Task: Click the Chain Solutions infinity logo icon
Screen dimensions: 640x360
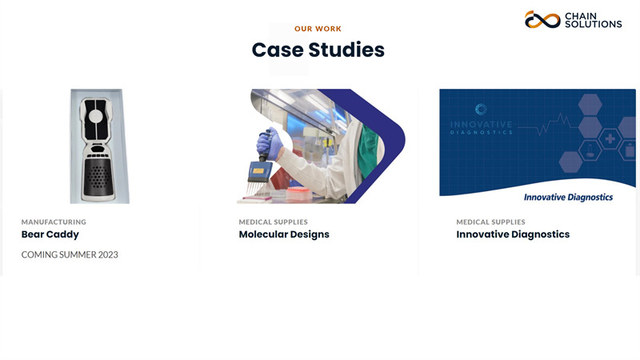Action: [542, 19]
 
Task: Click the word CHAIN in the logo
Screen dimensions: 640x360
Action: [581, 16]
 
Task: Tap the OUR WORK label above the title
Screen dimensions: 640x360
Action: [318, 29]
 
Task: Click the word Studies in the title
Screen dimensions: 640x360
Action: [346, 50]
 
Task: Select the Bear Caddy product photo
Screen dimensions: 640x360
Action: [99, 146]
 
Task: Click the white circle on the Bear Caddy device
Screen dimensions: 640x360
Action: [96, 116]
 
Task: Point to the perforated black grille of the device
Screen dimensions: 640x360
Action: [97, 177]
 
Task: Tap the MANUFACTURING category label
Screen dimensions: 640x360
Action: [54, 222]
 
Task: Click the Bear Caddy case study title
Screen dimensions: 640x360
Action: [50, 234]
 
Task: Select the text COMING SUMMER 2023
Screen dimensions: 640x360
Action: [70, 254]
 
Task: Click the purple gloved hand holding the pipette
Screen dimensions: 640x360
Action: [270, 144]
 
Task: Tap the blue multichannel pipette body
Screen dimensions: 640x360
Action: [260, 171]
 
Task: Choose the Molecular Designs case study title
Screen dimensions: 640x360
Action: [284, 234]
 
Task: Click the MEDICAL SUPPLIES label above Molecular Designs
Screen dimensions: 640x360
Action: [274, 222]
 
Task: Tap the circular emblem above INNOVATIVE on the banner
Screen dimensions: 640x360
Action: [482, 110]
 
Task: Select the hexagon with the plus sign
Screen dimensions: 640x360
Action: [610, 138]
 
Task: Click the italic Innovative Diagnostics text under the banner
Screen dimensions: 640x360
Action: [568, 198]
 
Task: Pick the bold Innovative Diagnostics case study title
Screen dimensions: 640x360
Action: [513, 234]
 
